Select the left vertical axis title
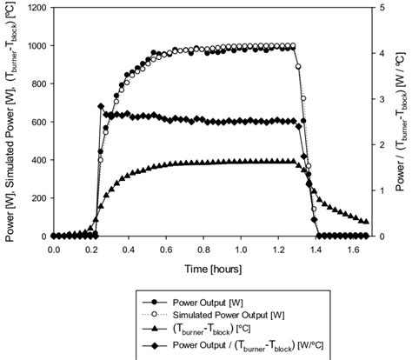(10, 122)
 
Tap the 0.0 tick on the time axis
(54, 248)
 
